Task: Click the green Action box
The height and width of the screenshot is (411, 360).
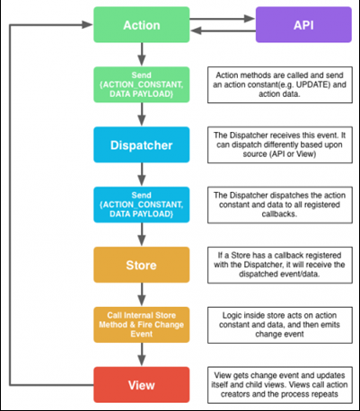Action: [x=142, y=25]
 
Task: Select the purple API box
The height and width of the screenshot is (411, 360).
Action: [x=303, y=25]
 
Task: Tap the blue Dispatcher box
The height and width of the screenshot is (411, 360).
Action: [x=142, y=144]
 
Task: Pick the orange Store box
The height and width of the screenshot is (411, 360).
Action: [x=142, y=265]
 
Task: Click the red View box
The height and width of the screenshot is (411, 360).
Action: [x=142, y=385]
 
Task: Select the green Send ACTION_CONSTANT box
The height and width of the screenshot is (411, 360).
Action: [x=142, y=84]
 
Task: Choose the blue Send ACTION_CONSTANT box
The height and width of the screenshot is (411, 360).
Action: [x=142, y=205]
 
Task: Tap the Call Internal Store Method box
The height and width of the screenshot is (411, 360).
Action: [x=142, y=325]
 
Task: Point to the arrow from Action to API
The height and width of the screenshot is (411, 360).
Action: [x=223, y=19]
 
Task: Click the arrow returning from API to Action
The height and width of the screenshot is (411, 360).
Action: [x=223, y=31]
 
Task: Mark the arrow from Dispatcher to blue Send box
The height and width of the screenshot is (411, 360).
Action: [x=142, y=175]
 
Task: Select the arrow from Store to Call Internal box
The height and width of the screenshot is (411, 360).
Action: [x=142, y=294]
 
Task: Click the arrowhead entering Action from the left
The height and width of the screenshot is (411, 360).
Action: [x=87, y=25]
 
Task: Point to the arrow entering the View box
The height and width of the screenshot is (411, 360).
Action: [x=142, y=354]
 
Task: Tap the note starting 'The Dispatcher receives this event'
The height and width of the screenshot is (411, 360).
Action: [x=280, y=144]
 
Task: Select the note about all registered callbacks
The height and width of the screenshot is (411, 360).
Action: [x=280, y=205]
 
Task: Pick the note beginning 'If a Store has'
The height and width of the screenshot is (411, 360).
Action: [x=280, y=265]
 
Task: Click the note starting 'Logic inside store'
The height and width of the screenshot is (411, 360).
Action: [x=280, y=325]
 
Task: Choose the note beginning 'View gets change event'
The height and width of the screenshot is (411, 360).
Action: [x=280, y=385]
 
